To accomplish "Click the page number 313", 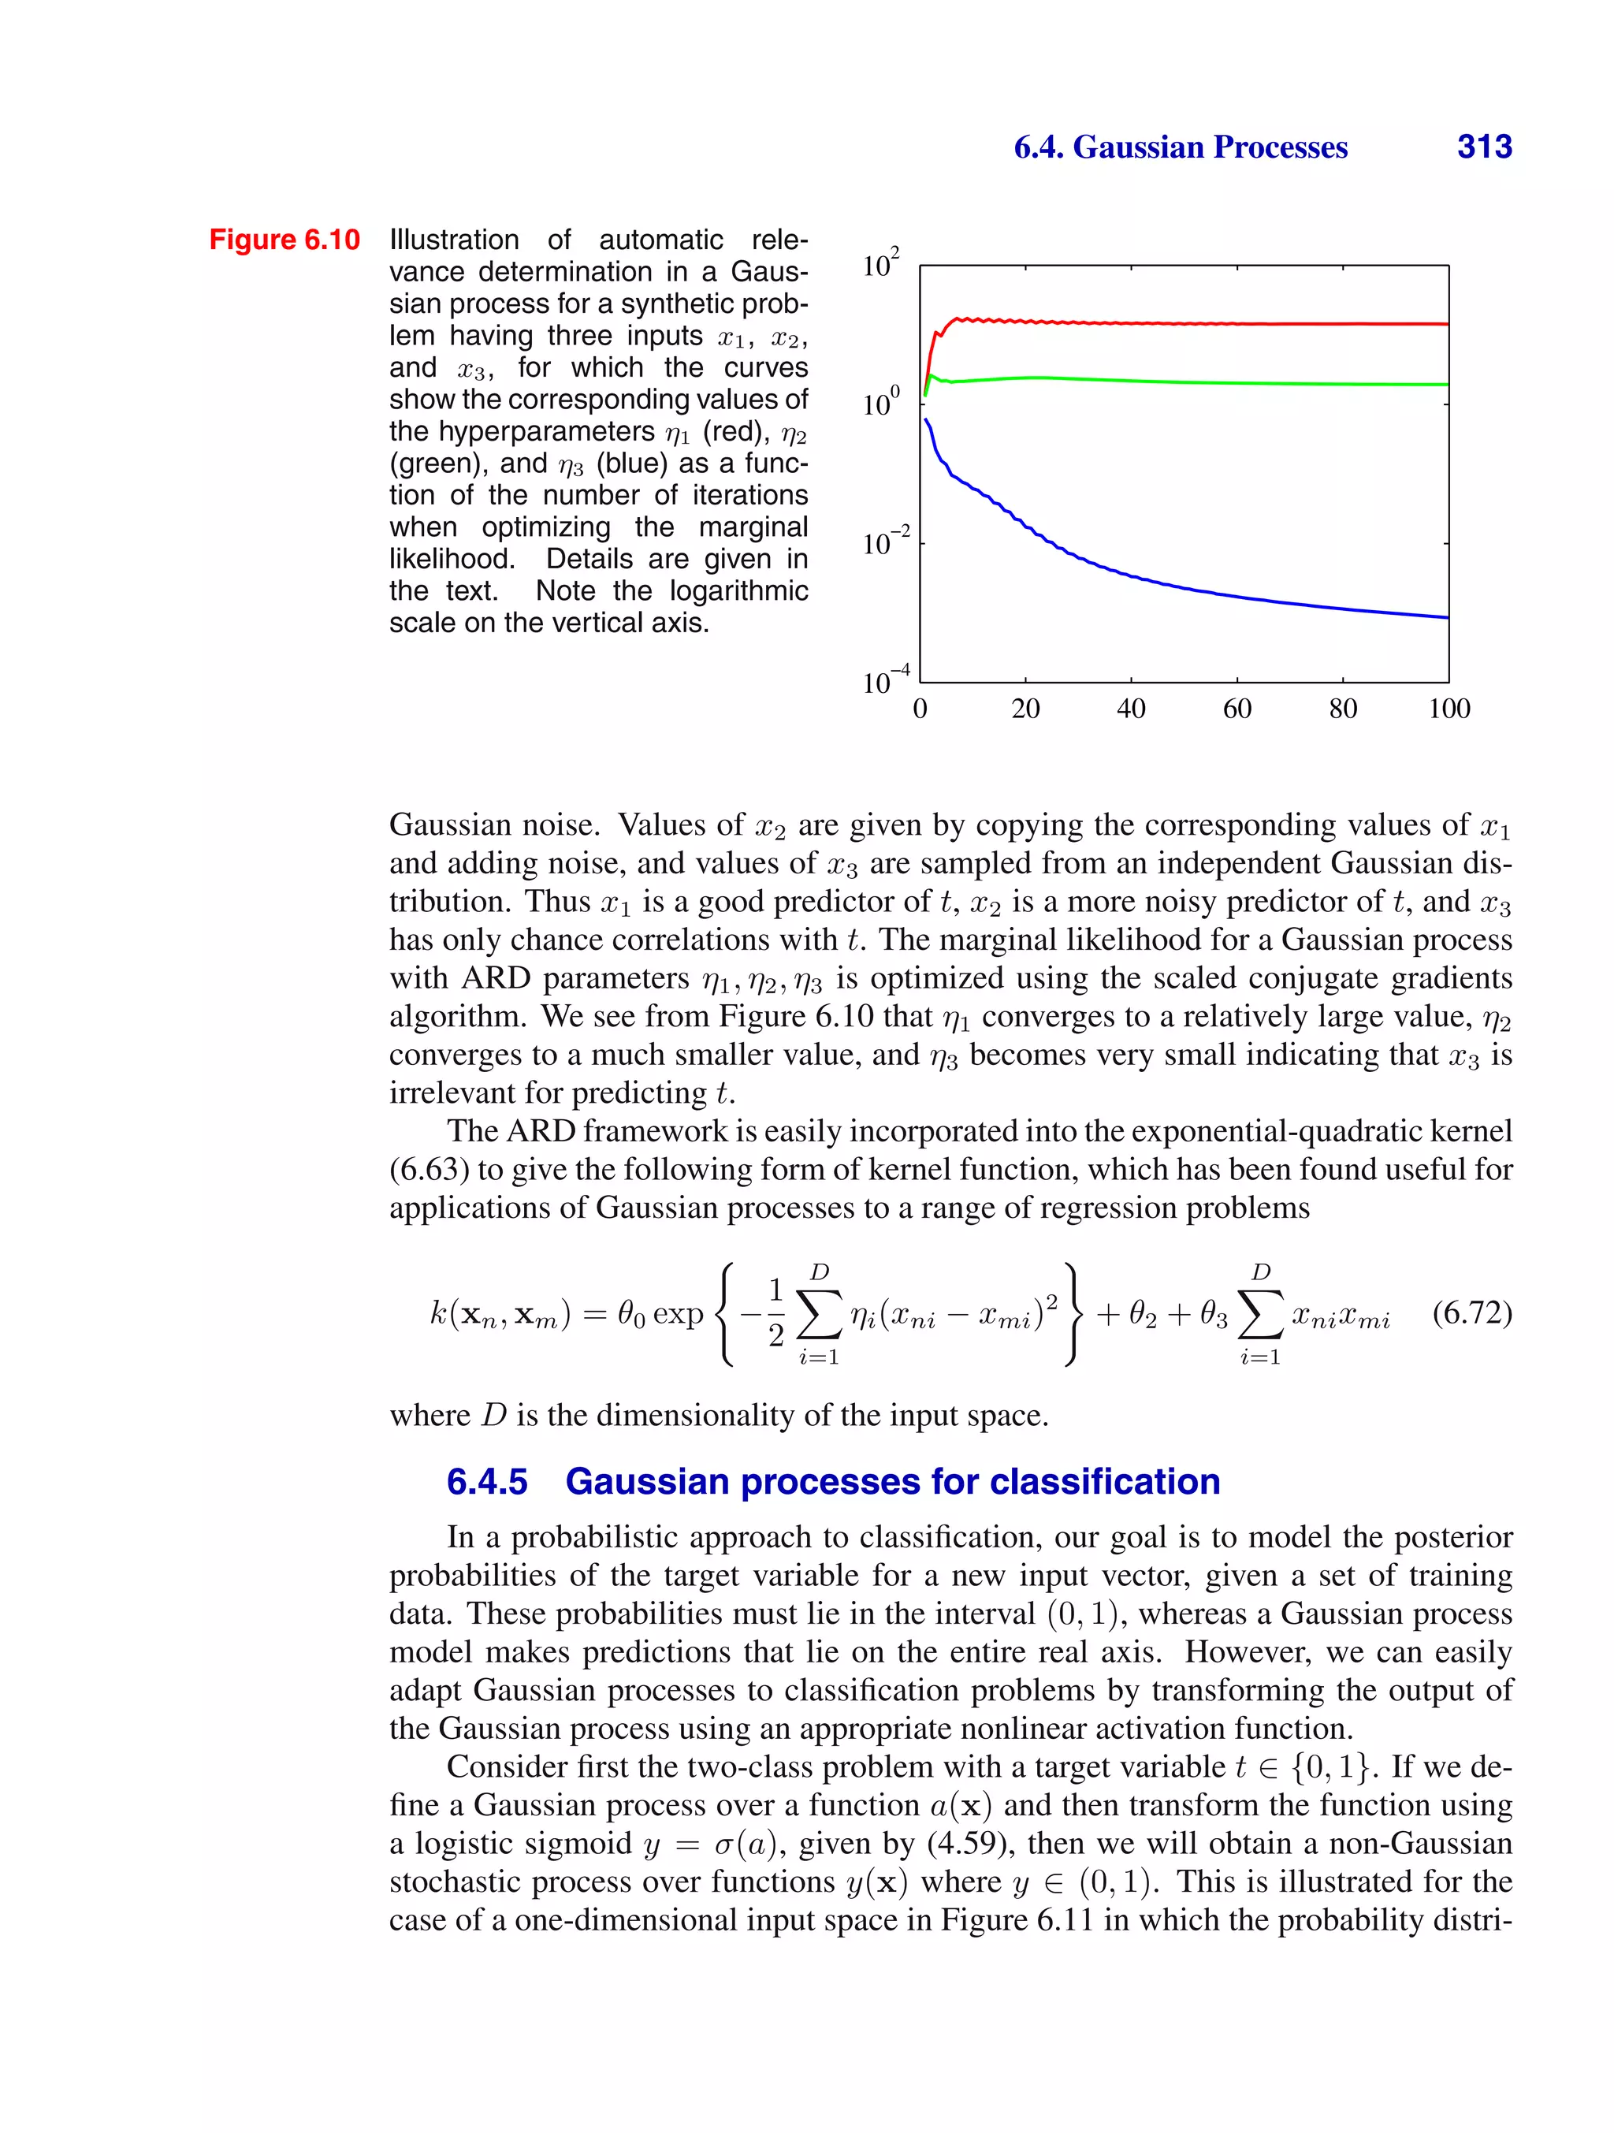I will tap(1484, 147).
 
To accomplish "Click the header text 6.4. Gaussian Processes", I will tap(1180, 147).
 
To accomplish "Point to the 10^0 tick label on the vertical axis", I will tap(880, 401).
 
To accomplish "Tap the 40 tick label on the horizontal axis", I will tap(1131, 709).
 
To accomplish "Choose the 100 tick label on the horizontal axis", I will tap(1449, 709).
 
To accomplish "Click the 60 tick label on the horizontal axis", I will tap(1237, 709).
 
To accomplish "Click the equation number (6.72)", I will tap(1471, 1312).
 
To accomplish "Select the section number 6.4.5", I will tap(487, 1481).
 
